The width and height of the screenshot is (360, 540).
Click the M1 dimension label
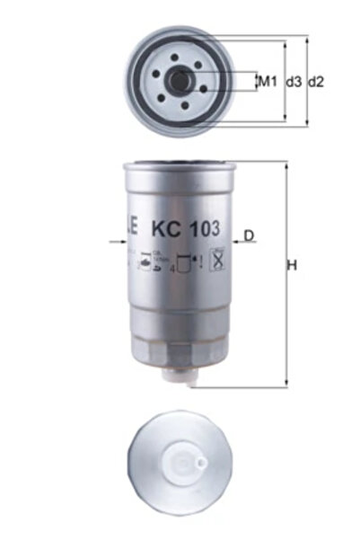tap(266, 82)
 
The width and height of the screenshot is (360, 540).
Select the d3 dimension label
tap(293, 82)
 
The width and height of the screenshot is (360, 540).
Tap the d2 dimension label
tap(315, 82)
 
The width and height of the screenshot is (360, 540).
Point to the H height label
tap(291, 265)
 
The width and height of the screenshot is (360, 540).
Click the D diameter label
tap(250, 235)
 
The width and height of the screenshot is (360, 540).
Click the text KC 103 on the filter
tap(186, 228)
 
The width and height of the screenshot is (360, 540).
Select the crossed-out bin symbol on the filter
tap(215, 263)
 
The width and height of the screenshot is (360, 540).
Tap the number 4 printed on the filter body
tap(172, 268)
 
